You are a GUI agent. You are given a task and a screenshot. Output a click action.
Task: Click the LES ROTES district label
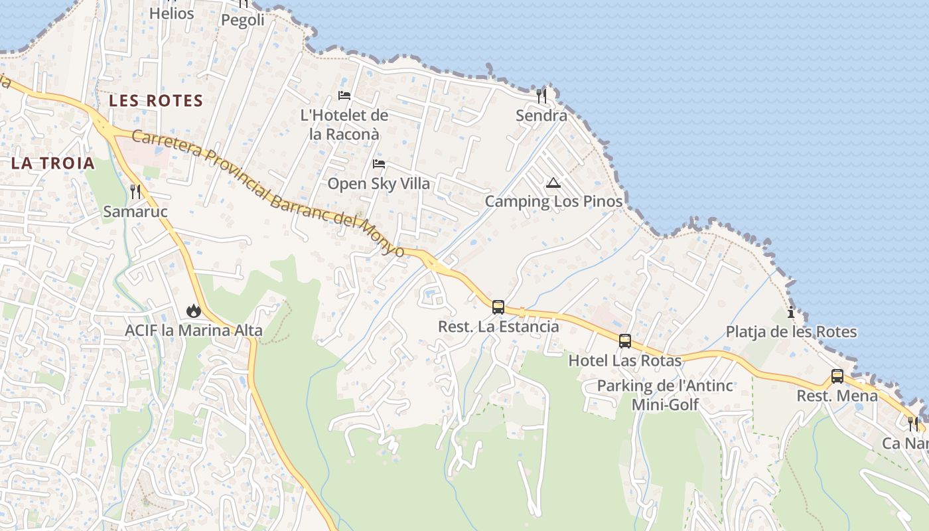tap(156, 101)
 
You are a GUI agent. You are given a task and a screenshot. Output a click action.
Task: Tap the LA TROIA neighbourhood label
tap(53, 163)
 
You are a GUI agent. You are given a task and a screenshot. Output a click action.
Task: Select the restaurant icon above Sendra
tap(541, 96)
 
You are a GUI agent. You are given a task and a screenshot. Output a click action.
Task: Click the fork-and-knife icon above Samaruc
tap(135, 192)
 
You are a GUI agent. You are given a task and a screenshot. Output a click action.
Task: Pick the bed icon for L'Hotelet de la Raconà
tap(344, 96)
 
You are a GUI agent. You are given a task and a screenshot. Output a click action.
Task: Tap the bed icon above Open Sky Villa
tap(378, 163)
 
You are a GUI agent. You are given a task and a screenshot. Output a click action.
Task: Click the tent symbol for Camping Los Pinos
tap(553, 183)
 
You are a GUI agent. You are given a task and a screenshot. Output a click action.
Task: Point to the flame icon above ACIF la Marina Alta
tap(193, 310)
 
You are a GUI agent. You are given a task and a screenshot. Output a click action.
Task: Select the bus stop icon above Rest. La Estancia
tap(498, 307)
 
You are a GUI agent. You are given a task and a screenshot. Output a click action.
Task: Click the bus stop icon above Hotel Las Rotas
tap(624, 341)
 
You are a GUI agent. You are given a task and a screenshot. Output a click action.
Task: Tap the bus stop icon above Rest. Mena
tap(837, 376)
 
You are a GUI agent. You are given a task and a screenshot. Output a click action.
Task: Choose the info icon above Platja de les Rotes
tap(790, 313)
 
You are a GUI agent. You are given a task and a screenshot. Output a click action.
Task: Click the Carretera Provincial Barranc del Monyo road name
tap(268, 193)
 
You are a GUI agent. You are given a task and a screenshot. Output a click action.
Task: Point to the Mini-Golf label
tap(665, 404)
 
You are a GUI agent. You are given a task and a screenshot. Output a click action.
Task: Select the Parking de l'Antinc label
tap(665, 386)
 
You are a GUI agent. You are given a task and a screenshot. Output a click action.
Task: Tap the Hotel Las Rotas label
tap(624, 361)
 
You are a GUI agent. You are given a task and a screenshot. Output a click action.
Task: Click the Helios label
tap(171, 13)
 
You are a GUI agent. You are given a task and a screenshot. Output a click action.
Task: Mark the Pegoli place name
tap(242, 20)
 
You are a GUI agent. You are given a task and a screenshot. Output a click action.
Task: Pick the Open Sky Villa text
tap(378, 184)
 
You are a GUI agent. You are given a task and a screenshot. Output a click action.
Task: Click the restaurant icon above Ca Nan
tap(913, 423)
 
